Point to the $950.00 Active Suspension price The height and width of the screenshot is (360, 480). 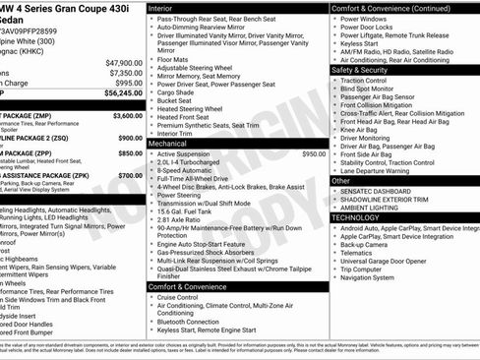[x=314, y=154]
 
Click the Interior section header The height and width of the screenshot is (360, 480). [x=161, y=7]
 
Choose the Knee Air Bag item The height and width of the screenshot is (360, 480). [x=361, y=129]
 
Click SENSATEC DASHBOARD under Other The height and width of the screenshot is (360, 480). [x=379, y=191]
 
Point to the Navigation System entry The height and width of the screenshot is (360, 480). [x=373, y=278]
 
